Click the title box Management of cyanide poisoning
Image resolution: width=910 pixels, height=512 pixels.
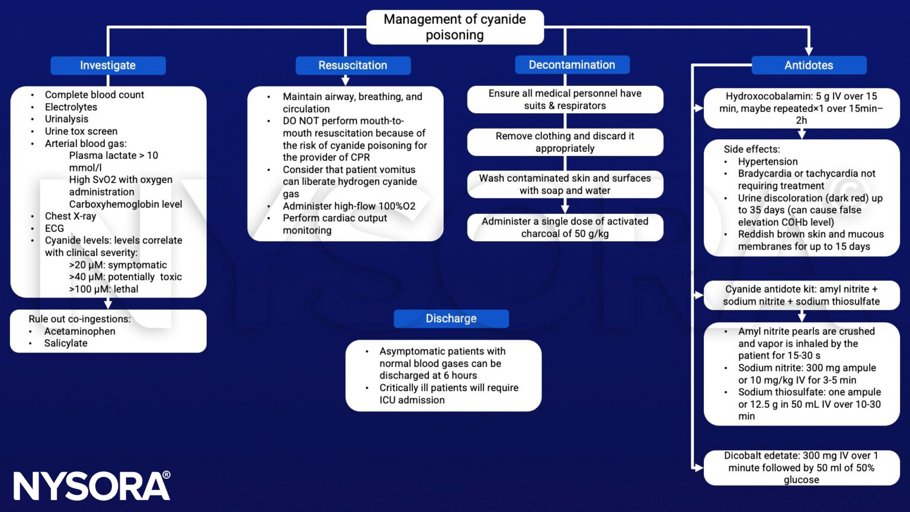point(454,27)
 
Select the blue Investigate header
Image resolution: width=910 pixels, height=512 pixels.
point(108,65)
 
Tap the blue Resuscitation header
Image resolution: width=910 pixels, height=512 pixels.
point(353,65)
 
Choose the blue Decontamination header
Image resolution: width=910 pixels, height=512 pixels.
point(572,65)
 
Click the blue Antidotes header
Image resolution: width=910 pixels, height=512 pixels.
point(808,65)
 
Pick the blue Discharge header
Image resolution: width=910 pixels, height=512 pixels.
point(451,318)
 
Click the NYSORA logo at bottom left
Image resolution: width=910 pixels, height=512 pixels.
point(92,486)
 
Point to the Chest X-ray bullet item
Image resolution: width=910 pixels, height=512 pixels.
point(70,216)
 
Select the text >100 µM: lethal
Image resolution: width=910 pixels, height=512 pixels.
point(104,289)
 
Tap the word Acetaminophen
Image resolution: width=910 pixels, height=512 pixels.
point(79,331)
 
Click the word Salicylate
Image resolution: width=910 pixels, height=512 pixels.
point(66,343)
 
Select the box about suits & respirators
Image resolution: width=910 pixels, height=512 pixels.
point(565,100)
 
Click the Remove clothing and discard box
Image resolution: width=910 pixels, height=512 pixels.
point(565,142)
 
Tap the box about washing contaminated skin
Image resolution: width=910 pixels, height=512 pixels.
point(565,184)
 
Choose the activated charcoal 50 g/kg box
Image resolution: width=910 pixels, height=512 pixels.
point(565,228)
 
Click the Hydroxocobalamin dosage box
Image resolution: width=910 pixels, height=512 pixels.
point(801,108)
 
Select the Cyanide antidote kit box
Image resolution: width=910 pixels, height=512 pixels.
point(801,295)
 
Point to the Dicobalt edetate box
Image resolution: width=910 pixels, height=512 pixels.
point(801,468)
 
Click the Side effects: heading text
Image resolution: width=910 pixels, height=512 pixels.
point(751,149)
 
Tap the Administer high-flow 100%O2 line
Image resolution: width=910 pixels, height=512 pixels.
point(349,206)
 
